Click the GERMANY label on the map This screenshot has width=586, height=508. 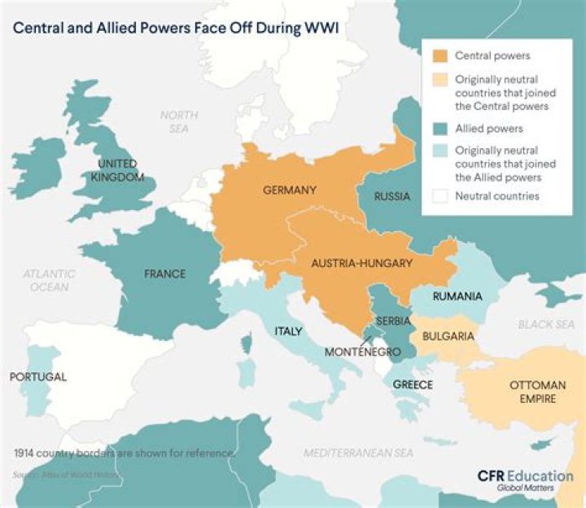point(289,190)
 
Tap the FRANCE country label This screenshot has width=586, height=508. point(165,274)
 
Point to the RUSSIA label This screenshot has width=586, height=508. point(392,196)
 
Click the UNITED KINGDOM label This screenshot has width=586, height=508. point(118,171)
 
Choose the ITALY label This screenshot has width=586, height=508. point(288,331)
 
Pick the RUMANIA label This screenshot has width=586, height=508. point(458,296)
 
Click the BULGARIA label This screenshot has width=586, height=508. point(448,335)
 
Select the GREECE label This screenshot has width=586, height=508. point(413,384)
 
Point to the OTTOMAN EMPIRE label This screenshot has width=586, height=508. point(532,392)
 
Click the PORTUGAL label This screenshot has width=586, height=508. point(38,377)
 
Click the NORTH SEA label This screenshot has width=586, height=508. point(178,122)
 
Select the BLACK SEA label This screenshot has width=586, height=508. point(546,324)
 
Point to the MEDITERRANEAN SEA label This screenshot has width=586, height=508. point(358,453)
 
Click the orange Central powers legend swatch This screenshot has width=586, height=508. point(439,56)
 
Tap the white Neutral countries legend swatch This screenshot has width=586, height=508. point(439,196)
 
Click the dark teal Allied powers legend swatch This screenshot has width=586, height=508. point(439,129)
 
